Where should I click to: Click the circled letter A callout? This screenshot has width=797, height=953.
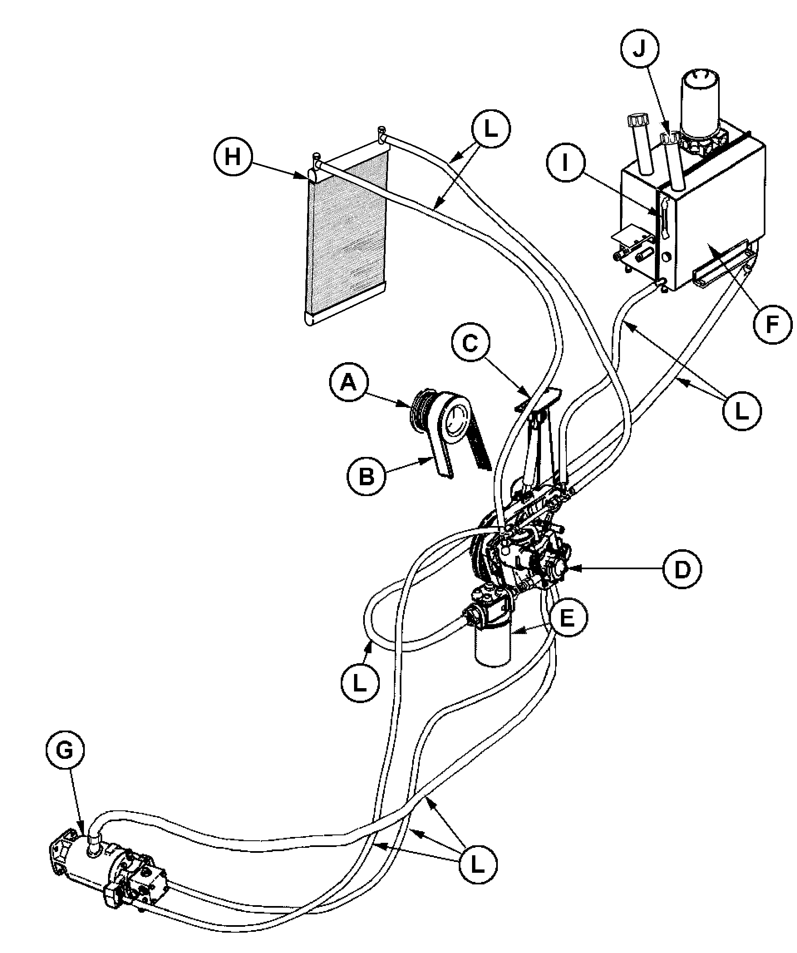348,383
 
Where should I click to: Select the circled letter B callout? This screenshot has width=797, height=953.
367,477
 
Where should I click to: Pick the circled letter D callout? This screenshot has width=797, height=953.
682,569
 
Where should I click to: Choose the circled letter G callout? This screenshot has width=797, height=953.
65,750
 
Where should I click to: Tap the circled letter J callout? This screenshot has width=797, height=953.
640,48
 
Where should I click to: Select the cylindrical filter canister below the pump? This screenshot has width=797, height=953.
493,644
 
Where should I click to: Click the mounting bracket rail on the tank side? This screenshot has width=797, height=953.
721,264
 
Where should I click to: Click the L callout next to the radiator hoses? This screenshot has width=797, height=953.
491,129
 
